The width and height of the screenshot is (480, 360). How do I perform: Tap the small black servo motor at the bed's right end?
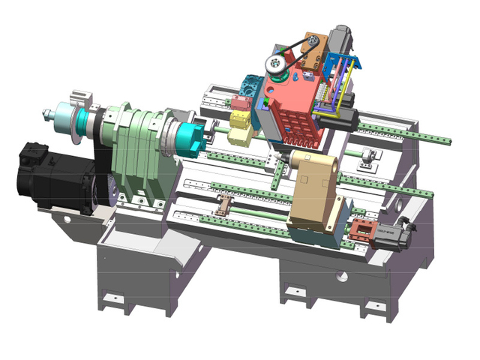tap(393, 230)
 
